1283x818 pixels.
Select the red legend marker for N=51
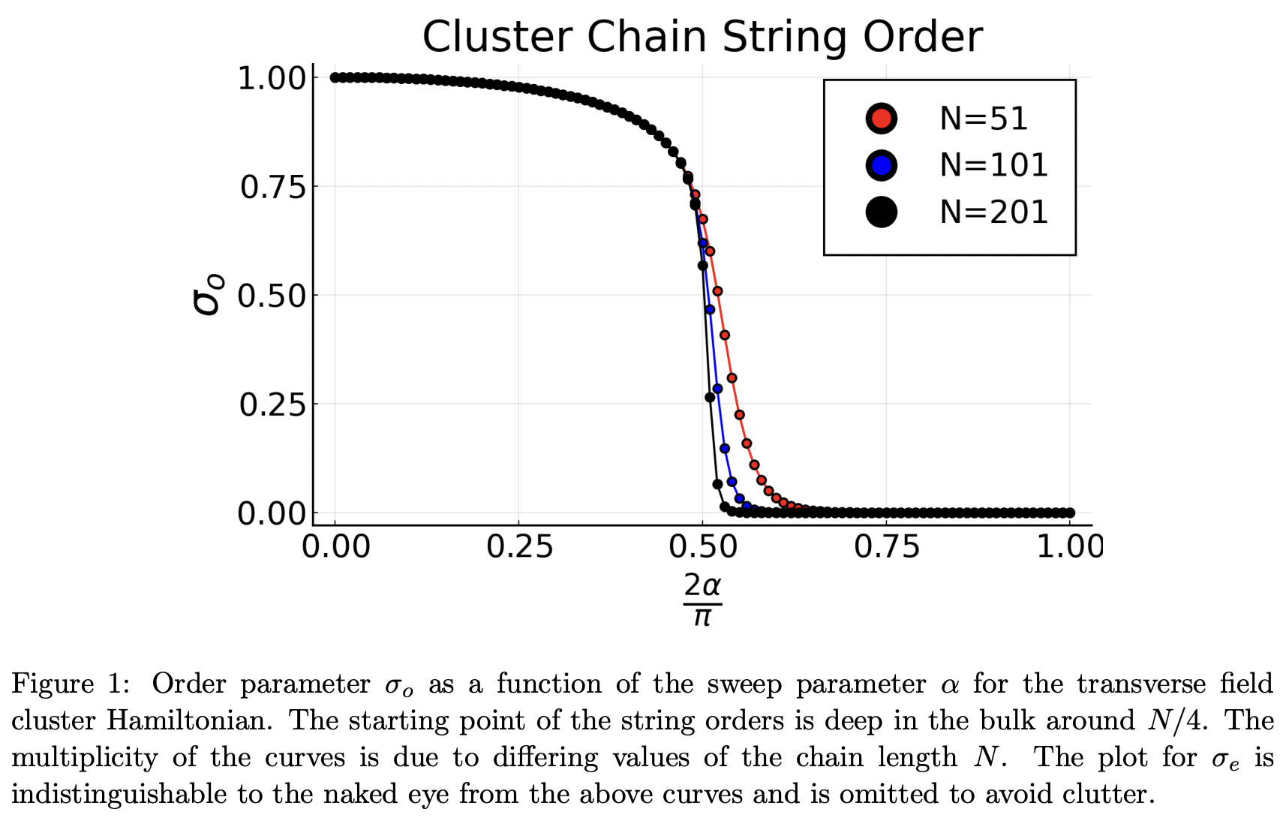tap(881, 119)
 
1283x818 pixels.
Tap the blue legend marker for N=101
tap(881, 165)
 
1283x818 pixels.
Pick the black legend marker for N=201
tap(881, 212)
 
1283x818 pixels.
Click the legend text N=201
tap(993, 212)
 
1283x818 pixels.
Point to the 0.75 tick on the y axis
tap(273, 187)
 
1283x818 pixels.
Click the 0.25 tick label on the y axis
tap(273, 405)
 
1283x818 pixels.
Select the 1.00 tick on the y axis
tap(273, 78)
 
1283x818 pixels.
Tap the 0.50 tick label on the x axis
tap(702, 547)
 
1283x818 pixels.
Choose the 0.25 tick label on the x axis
tap(519, 547)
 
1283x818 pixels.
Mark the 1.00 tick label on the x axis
tap(1070, 547)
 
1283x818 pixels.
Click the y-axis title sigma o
tap(207, 294)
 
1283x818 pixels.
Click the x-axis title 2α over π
tap(702, 599)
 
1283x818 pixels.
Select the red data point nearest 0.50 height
tap(717, 291)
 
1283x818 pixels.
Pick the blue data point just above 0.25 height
tap(717, 389)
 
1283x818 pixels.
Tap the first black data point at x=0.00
tap(335, 77)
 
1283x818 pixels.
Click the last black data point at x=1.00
tap(1070, 513)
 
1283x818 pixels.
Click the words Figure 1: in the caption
tap(71, 684)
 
